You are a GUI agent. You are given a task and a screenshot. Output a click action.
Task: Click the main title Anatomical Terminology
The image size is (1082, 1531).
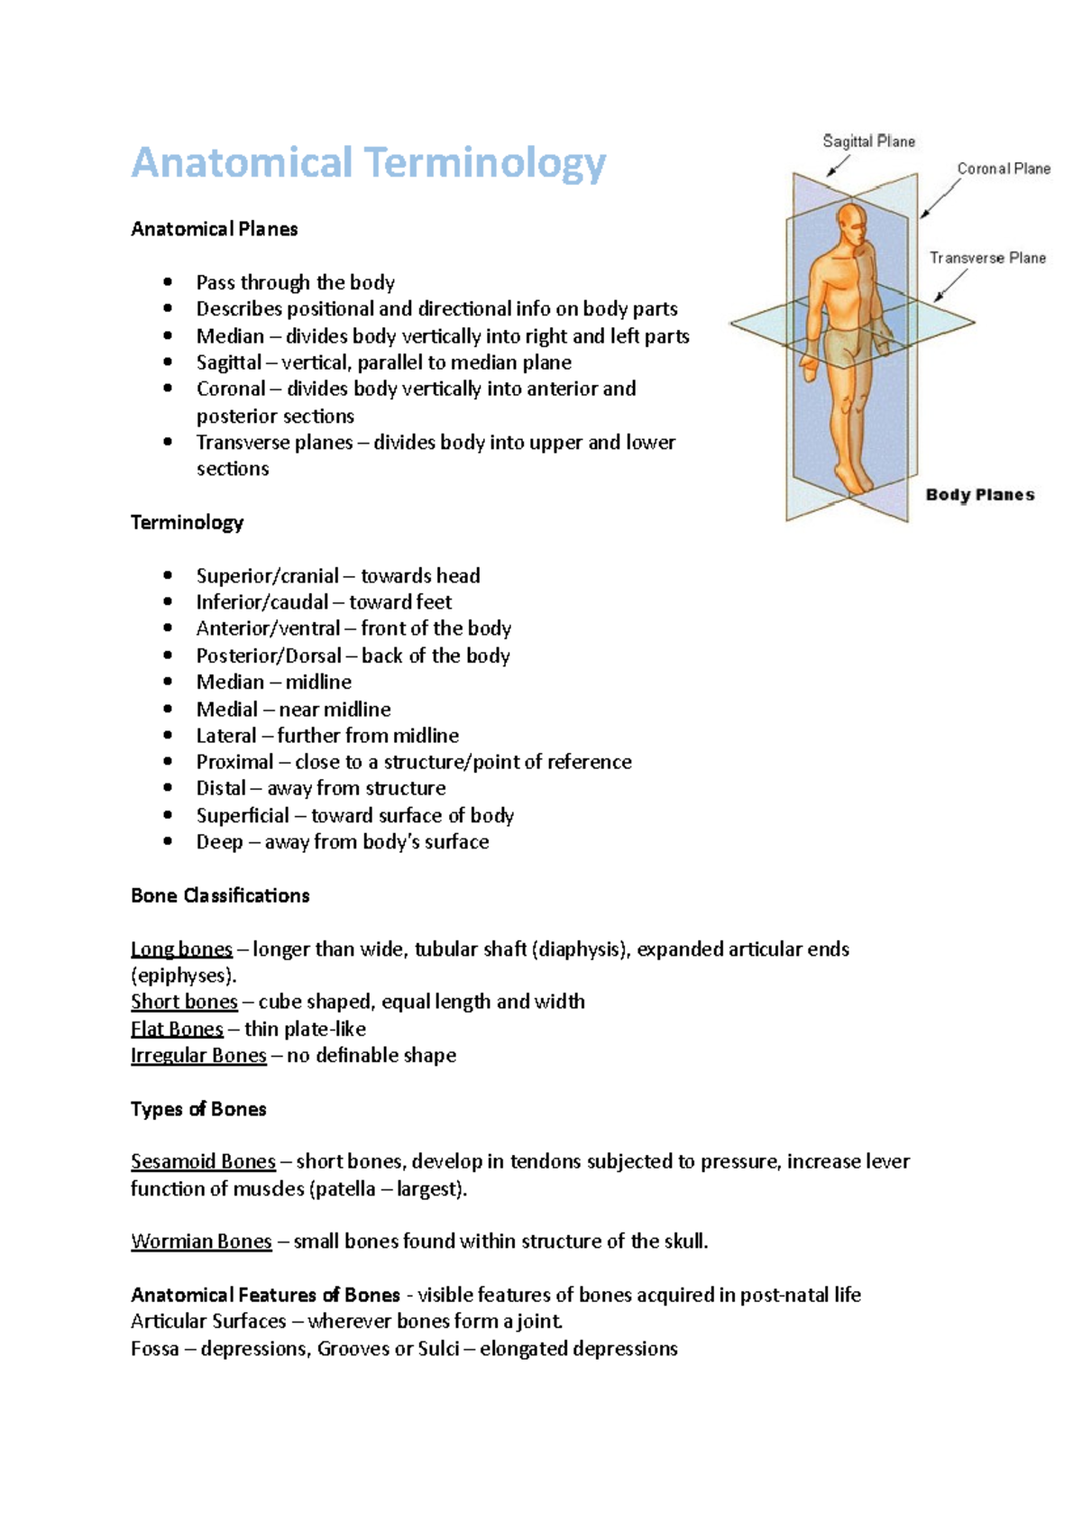368,163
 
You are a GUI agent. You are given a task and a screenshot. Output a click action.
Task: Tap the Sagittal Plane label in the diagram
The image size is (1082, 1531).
868,142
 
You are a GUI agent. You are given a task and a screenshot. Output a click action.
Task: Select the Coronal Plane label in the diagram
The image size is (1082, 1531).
1004,169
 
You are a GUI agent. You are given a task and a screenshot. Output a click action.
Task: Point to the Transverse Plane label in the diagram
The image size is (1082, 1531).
987,258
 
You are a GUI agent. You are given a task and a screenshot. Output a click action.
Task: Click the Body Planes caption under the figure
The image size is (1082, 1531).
980,495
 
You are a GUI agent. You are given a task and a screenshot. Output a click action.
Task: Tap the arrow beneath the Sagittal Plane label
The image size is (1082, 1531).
838,166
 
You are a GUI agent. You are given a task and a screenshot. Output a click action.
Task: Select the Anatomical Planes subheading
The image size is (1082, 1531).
214,229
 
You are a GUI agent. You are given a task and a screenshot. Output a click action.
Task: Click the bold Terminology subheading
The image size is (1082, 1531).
187,523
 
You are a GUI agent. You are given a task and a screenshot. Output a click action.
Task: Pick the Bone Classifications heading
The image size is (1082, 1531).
220,895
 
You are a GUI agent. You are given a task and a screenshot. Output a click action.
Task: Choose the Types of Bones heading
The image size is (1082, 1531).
198,1109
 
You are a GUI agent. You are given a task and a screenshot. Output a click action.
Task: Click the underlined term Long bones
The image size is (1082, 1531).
181,949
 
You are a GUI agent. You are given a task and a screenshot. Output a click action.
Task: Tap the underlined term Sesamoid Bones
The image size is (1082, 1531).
203,1161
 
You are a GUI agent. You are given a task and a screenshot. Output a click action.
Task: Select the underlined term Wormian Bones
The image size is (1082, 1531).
201,1242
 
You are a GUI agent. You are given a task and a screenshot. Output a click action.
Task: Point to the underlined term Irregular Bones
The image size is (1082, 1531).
198,1055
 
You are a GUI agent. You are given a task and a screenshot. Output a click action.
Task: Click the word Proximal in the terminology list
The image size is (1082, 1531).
234,762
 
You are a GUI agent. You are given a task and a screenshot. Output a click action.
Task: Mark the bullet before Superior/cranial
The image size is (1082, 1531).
168,575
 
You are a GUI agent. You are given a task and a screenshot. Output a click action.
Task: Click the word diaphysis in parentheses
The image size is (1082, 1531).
581,949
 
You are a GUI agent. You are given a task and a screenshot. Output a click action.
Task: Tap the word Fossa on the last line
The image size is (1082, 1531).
154,1349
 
